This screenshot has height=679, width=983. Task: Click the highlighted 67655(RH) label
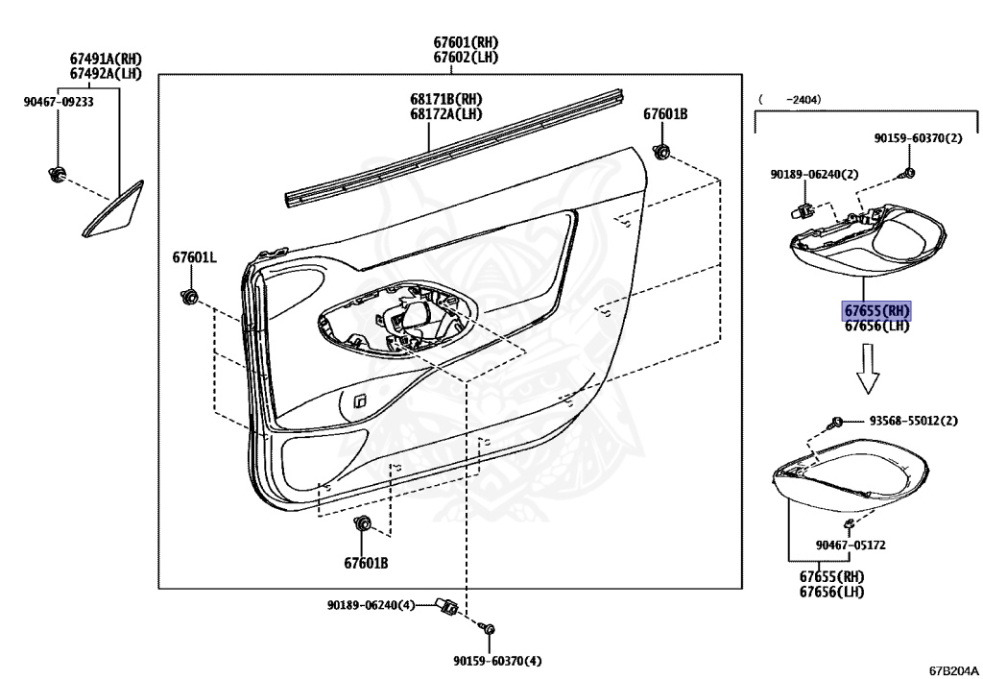click(875, 310)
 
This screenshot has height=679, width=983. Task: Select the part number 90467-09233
click(59, 103)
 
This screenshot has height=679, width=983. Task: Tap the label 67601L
click(195, 257)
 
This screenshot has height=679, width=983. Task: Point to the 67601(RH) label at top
click(466, 42)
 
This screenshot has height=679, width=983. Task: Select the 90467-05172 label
click(851, 545)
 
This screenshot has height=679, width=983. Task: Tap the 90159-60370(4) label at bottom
click(498, 660)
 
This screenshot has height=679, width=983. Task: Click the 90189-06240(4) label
click(370, 605)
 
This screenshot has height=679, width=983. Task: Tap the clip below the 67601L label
click(189, 296)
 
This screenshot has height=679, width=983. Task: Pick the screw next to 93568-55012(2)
click(837, 422)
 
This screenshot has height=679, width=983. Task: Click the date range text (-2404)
click(790, 99)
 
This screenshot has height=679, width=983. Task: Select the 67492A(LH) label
click(106, 73)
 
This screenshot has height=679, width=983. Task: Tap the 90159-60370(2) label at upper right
click(918, 138)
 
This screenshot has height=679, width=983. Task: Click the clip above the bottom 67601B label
click(364, 524)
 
